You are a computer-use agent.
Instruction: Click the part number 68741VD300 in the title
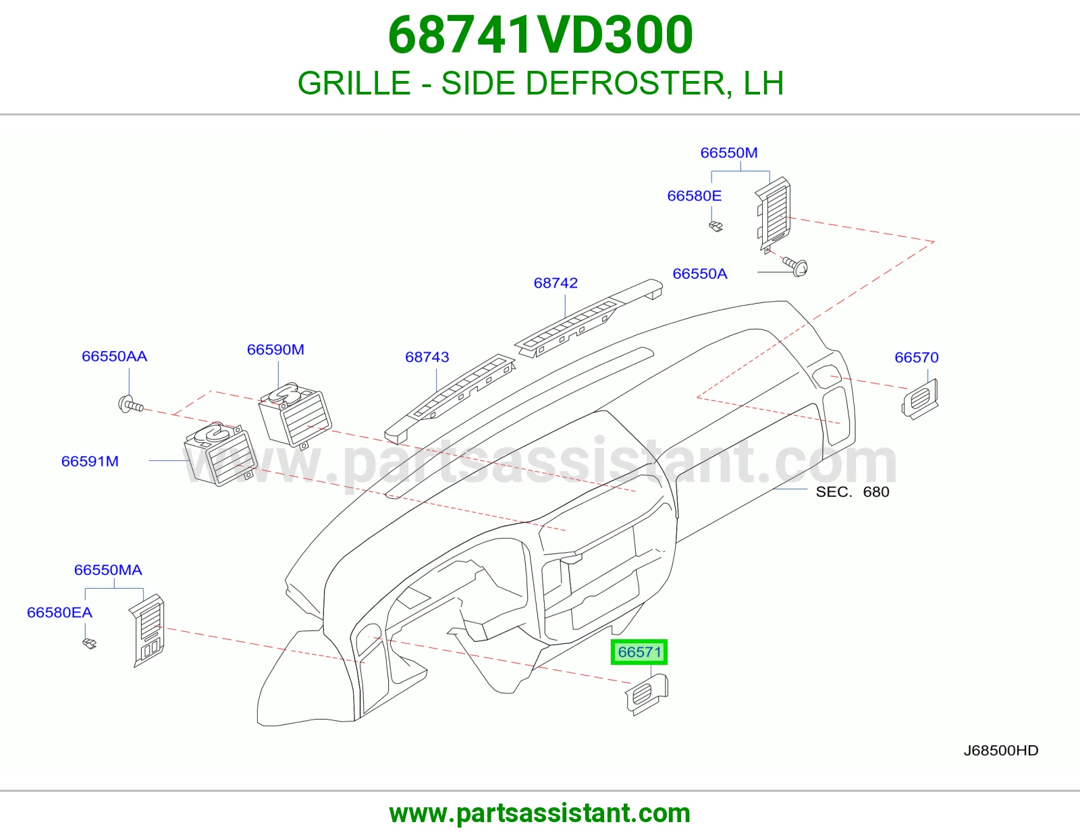[540, 35]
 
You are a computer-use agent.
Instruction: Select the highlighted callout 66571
[639, 651]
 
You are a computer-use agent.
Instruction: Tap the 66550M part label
[728, 153]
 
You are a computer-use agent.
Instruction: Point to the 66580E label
[694, 196]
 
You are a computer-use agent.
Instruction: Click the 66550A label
[700, 274]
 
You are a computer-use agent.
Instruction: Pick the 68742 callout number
[556, 283]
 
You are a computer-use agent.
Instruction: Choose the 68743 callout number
[427, 357]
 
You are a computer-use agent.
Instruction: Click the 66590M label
[275, 350]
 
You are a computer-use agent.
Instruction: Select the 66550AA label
[114, 356]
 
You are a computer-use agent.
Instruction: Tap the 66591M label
[90, 461]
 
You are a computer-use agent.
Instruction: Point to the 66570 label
[917, 357]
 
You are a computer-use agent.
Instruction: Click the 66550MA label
[108, 570]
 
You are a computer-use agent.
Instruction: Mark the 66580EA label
[59, 612]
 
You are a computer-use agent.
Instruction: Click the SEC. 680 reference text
[853, 491]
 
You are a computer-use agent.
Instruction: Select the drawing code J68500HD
[1001, 751]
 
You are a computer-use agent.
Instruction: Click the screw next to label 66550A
[795, 266]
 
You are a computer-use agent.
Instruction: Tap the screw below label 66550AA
[130, 404]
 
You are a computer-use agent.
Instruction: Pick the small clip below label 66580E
[715, 227]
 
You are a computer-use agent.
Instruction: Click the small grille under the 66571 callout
[646, 695]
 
